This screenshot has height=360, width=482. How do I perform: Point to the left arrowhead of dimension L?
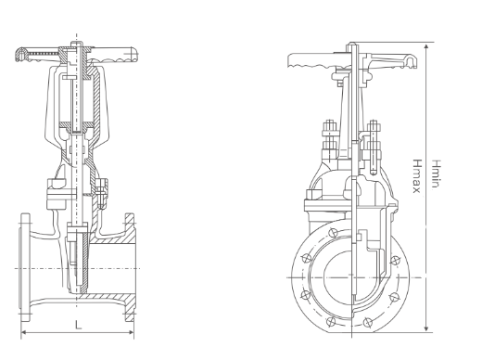point(22,332)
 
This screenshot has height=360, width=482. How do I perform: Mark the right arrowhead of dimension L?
point(135,332)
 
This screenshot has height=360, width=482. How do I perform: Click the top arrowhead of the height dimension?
point(425,45)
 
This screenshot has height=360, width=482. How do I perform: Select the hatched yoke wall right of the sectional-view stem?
point(97,102)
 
